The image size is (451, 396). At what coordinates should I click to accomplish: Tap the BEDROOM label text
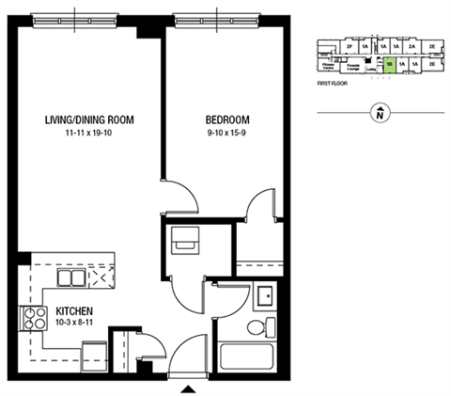point(227,119)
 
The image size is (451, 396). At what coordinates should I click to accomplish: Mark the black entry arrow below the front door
point(189,388)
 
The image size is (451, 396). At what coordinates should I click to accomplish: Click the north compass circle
point(378,116)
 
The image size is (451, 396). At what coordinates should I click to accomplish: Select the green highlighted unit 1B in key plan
point(389,65)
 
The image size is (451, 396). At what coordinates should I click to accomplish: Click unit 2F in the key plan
point(349,45)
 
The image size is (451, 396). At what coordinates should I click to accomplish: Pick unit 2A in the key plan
point(412,45)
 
